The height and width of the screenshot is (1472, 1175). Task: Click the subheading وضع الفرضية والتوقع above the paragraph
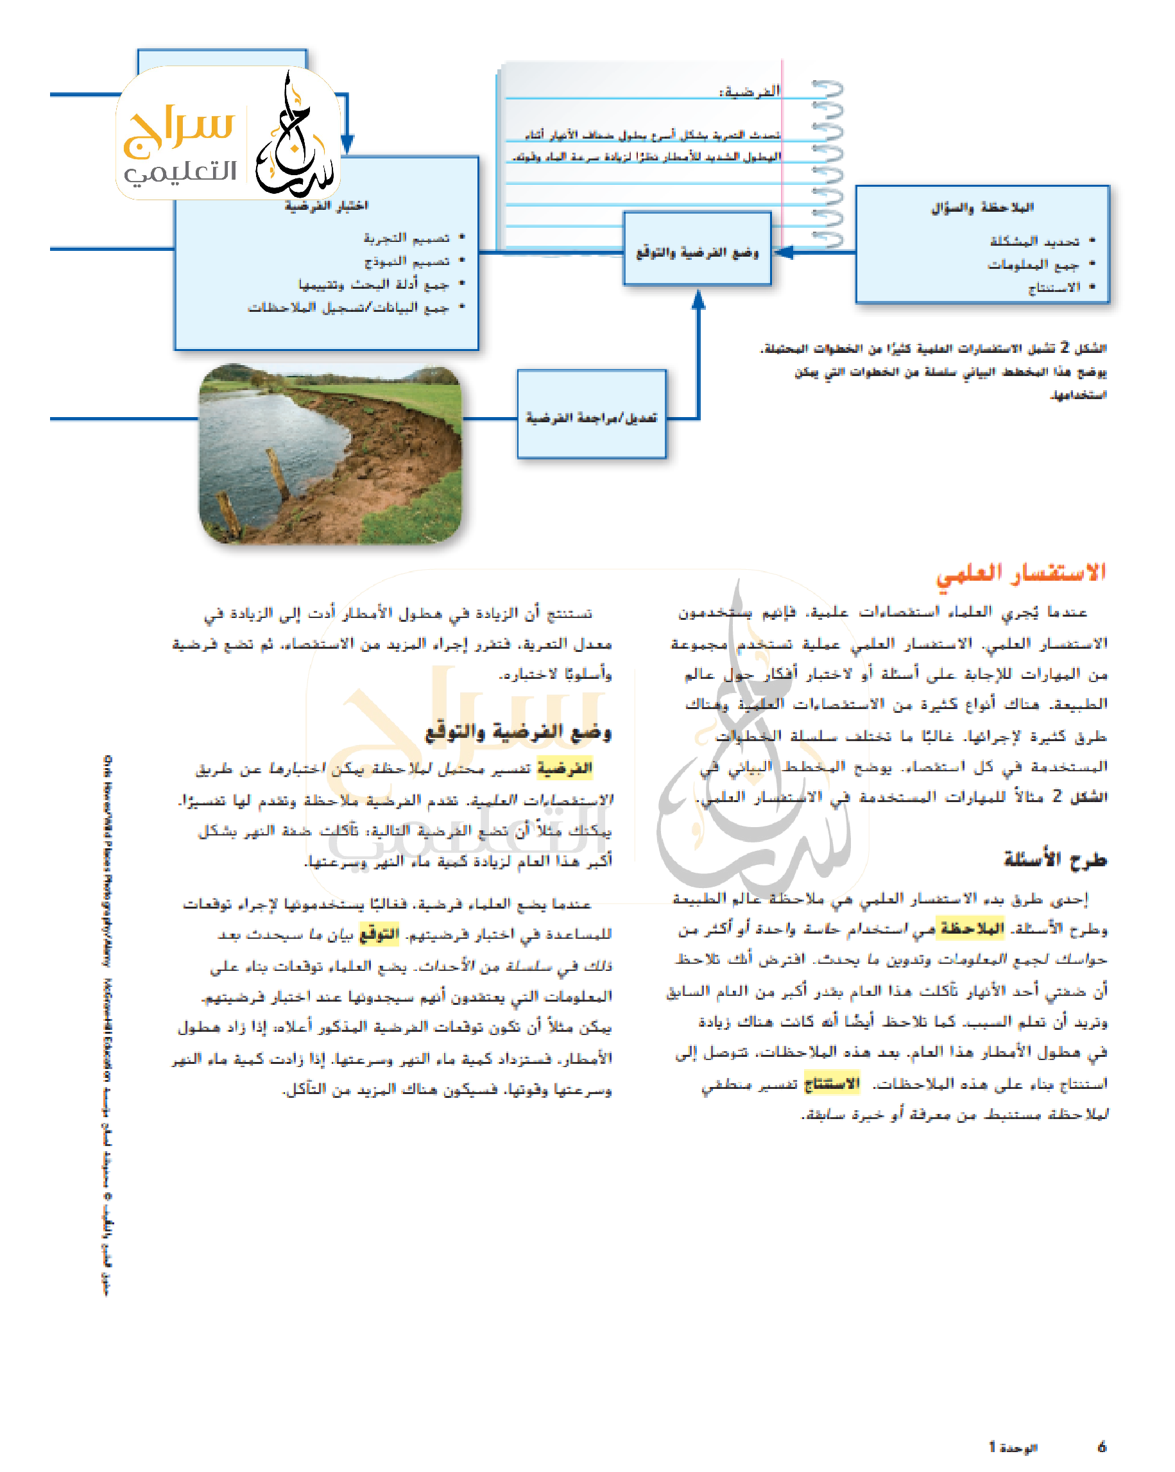point(519,732)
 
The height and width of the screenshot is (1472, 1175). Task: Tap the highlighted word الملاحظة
point(972,929)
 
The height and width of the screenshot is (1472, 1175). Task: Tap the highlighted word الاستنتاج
point(831,1084)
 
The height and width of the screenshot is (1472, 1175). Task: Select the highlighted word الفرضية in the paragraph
point(564,769)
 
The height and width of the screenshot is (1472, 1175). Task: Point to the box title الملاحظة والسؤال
point(982,207)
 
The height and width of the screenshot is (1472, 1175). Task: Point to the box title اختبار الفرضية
point(327,205)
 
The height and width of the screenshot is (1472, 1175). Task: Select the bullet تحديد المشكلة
point(1034,241)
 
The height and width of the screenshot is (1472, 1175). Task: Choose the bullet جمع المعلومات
point(1033,264)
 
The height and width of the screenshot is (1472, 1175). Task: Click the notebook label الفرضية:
point(749,91)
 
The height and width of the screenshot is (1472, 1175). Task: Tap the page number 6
point(1101,1446)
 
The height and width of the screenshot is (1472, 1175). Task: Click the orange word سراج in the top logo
point(179,129)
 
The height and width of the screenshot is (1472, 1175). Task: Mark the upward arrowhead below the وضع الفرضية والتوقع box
point(698,299)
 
